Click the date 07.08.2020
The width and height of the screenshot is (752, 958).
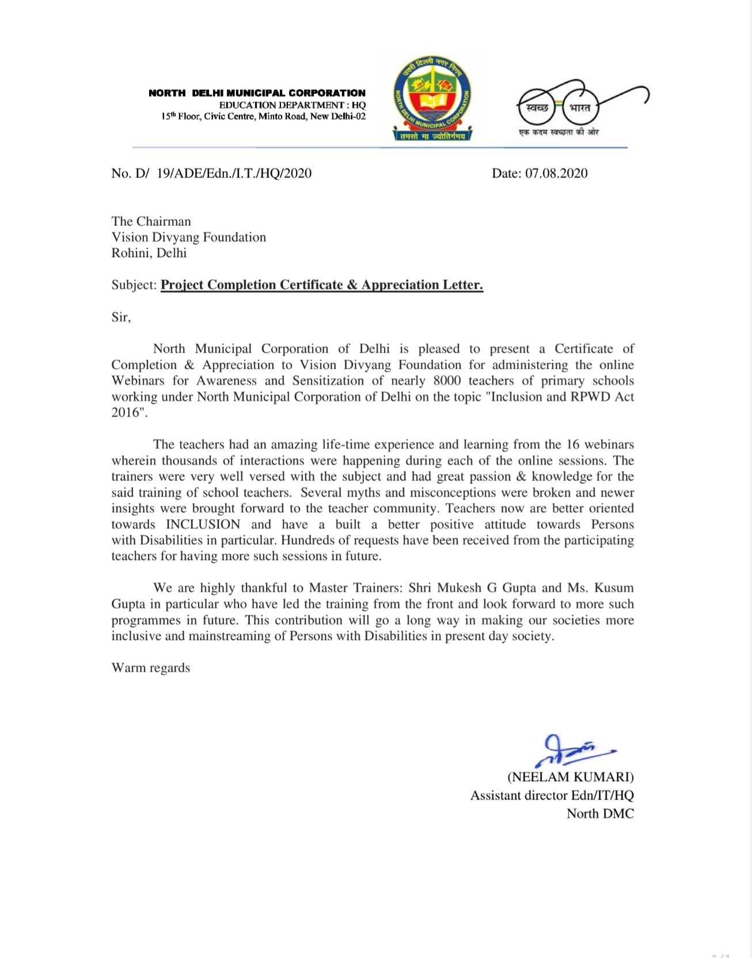[x=556, y=173]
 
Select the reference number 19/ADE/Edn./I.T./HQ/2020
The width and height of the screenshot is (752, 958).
[x=234, y=173]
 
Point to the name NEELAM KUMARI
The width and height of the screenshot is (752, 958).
[x=570, y=777]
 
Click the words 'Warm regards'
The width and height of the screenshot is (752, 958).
[x=151, y=668]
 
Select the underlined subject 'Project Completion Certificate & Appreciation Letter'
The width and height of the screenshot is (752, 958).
[x=321, y=285]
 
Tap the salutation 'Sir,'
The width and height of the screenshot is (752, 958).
[x=121, y=317]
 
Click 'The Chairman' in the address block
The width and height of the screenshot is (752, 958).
[x=151, y=221]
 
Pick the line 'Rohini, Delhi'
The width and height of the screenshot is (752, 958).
[x=149, y=253]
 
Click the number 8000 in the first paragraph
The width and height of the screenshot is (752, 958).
[x=446, y=381]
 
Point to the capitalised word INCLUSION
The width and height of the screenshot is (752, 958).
[x=203, y=524]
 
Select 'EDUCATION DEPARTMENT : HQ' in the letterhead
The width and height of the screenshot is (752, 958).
[x=292, y=105]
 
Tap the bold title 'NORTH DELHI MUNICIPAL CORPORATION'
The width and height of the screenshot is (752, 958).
[x=257, y=93]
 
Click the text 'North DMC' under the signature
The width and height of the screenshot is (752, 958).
[x=600, y=813]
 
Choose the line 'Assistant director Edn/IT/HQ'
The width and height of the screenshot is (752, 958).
[x=552, y=795]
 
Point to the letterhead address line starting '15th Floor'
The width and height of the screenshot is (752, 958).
[x=263, y=116]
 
